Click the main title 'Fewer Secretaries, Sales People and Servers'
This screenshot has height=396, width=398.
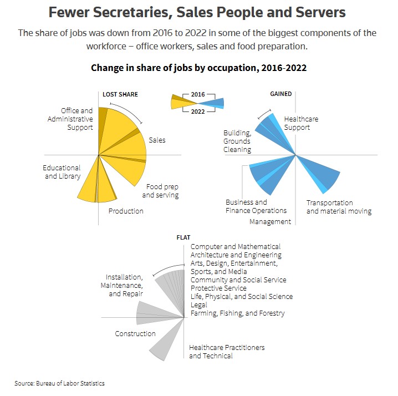click(x=197, y=12)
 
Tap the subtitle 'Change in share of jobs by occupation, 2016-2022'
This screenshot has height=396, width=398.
click(x=198, y=68)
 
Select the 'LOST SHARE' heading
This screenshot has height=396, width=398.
click(x=120, y=94)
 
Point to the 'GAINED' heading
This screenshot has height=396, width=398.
click(x=280, y=94)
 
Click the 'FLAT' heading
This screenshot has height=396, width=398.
click(x=183, y=237)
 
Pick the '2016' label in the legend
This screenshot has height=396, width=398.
click(x=198, y=95)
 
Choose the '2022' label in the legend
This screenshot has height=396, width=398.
click(x=198, y=111)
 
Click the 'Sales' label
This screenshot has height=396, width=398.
click(x=157, y=140)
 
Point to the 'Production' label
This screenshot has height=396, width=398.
click(x=126, y=211)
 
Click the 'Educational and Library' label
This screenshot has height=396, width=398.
click(x=62, y=172)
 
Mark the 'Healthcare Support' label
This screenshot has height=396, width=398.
click(x=301, y=123)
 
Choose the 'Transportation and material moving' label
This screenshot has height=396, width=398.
click(x=339, y=207)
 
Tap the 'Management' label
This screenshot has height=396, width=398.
click(x=270, y=222)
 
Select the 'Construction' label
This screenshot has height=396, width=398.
click(x=135, y=334)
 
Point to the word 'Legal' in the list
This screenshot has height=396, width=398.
click(x=199, y=304)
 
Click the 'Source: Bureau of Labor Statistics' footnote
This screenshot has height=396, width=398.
click(x=59, y=383)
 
